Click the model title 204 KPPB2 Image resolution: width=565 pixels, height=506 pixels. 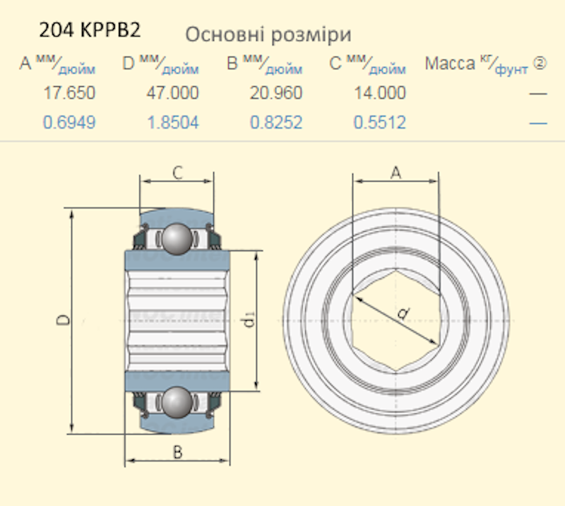pyautogui.click(x=90, y=30)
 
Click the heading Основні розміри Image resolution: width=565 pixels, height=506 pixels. pyautogui.click(x=268, y=35)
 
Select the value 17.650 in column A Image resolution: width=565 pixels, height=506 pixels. pyautogui.click(x=69, y=93)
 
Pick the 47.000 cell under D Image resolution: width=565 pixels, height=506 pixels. pyautogui.click(x=172, y=93)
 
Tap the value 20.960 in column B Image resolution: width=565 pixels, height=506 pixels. pyautogui.click(x=276, y=93)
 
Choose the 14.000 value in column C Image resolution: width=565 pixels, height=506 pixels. pyautogui.click(x=380, y=93)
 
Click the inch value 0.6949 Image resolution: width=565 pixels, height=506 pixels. pyautogui.click(x=69, y=122)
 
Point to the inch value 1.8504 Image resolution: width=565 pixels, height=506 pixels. pyautogui.click(x=173, y=122)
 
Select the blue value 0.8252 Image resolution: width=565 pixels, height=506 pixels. pyautogui.click(x=276, y=122)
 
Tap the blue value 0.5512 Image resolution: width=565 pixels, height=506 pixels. pyautogui.click(x=380, y=122)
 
